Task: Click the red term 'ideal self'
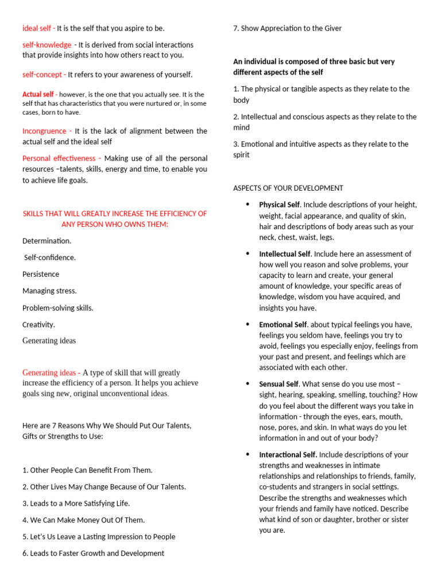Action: pyautogui.click(x=37, y=28)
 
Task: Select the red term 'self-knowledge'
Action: pyautogui.click(x=47, y=45)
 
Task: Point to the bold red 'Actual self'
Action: pyautogui.click(x=38, y=94)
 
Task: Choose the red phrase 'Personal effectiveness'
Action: pyautogui.click(x=59, y=158)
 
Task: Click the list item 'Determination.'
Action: pyautogui.click(x=47, y=241)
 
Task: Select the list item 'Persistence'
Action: pyautogui.click(x=41, y=274)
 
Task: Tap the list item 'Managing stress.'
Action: pyautogui.click(x=49, y=291)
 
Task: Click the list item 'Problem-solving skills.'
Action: pyautogui.click(x=58, y=308)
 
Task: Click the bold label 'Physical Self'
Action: pyautogui.click(x=280, y=204)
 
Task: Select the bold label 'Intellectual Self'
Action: pyautogui.click(x=284, y=254)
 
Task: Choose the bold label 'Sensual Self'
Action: pyautogui.click(x=278, y=384)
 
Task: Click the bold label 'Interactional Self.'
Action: pyautogui.click(x=288, y=455)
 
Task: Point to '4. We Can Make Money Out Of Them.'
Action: pyautogui.click(x=83, y=520)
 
